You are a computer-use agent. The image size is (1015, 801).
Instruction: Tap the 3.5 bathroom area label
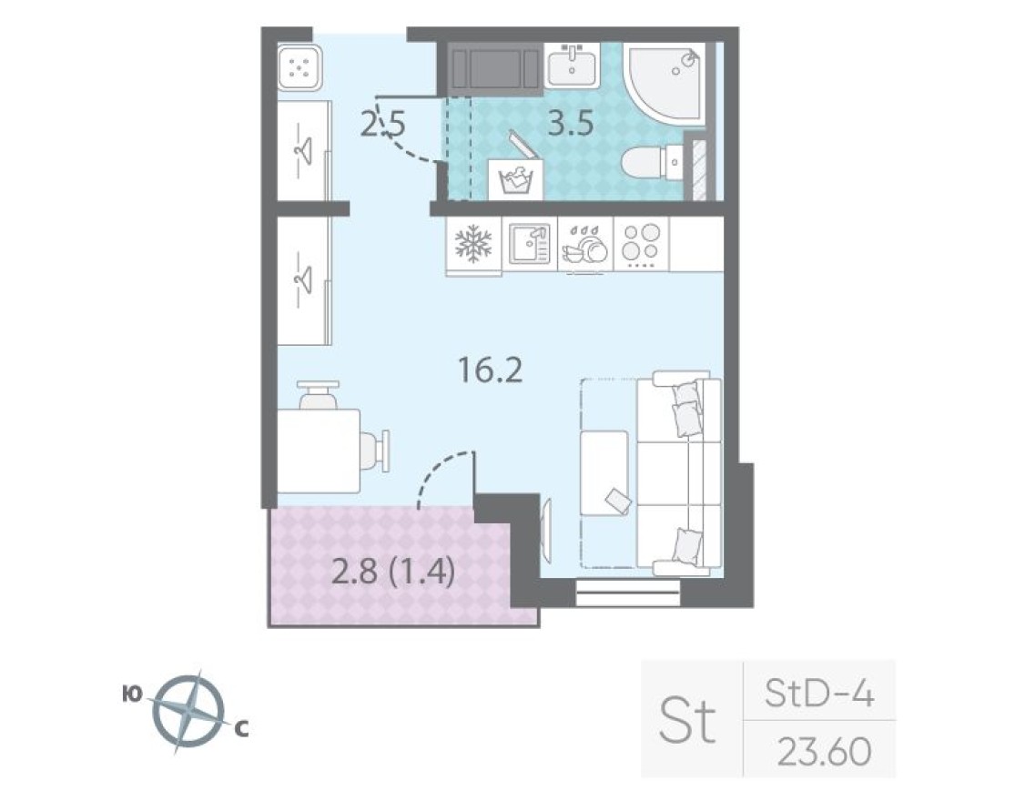click(x=570, y=122)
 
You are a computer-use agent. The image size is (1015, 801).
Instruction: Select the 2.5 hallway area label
click(x=382, y=123)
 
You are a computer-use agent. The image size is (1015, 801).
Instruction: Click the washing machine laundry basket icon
click(x=515, y=177)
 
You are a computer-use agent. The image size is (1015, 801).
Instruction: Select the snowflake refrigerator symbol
click(x=472, y=244)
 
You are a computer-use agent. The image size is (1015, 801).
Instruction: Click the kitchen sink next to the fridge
click(x=529, y=244)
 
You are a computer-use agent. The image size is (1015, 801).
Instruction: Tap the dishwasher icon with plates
click(x=585, y=246)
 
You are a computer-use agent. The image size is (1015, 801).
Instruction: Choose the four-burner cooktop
click(x=641, y=244)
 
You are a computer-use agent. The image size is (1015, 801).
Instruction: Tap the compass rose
click(x=188, y=711)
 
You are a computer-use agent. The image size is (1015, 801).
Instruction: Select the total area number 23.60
click(x=824, y=752)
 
